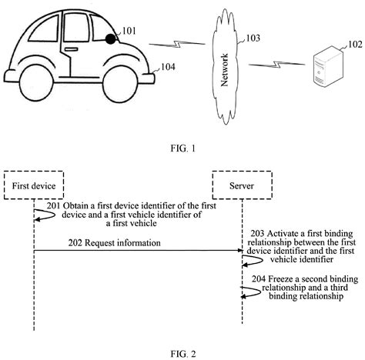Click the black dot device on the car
pos(112,38)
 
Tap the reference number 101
pos(129,32)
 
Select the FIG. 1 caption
pos(182,150)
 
